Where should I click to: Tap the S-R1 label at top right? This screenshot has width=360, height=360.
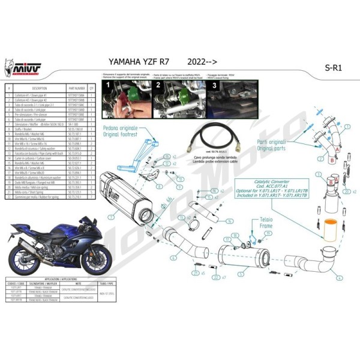tap(326, 67)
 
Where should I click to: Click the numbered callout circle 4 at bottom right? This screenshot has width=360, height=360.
tap(340, 278)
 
